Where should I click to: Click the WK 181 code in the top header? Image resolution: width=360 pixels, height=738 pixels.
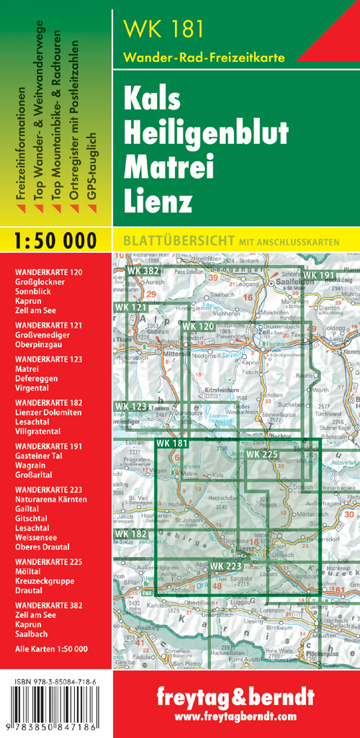(163, 28)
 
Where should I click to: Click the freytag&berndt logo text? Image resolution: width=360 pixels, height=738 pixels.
(235, 698)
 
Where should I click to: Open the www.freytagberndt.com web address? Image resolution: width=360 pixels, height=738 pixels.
(235, 716)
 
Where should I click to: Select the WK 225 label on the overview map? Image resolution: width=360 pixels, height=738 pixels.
(262, 454)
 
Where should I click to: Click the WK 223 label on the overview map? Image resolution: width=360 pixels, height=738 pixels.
(226, 567)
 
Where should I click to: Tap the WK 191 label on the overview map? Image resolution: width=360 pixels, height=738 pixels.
(318, 275)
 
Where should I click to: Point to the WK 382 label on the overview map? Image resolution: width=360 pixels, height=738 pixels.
(143, 271)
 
